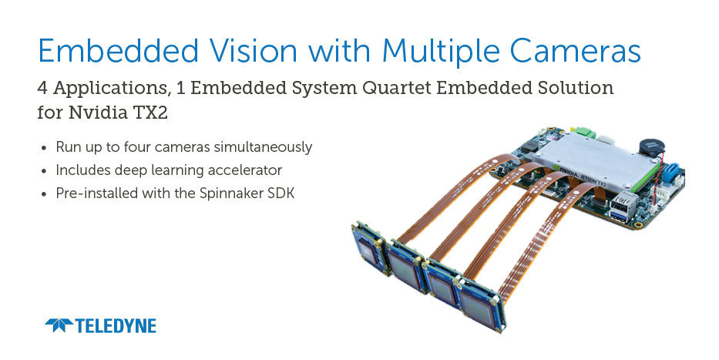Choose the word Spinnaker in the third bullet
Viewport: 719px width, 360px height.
[x=231, y=193]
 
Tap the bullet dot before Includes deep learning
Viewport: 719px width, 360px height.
[x=44, y=171]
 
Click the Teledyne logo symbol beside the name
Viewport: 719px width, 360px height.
[x=59, y=325]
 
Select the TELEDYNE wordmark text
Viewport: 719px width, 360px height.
[x=116, y=325]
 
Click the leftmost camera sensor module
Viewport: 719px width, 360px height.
[x=371, y=249]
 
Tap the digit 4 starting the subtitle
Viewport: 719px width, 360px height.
[x=42, y=88]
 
